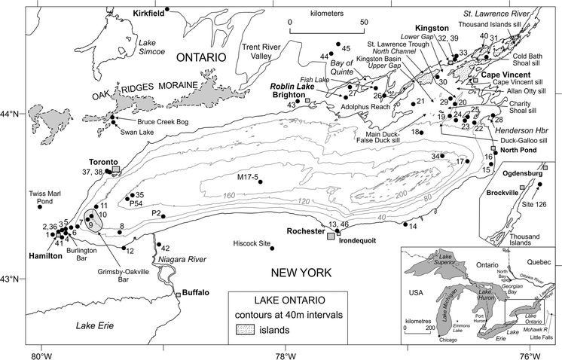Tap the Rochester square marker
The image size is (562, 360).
pos(331,236)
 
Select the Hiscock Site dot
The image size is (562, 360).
pos(272,248)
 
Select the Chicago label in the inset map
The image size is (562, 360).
pos(448,339)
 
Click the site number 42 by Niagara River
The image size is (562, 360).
pos(166,249)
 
